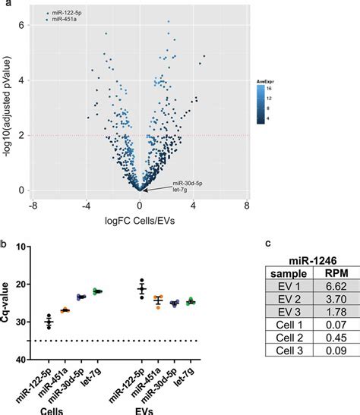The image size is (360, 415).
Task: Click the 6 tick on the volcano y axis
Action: (x=23, y=25)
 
